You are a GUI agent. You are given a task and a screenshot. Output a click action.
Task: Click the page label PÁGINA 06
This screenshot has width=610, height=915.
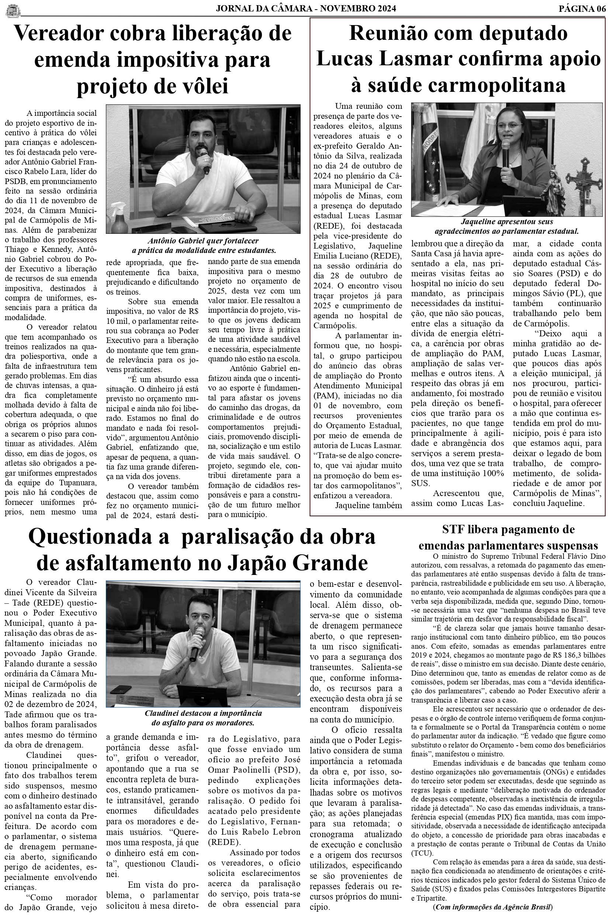582,9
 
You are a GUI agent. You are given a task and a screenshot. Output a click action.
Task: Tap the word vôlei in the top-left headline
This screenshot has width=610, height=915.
203,86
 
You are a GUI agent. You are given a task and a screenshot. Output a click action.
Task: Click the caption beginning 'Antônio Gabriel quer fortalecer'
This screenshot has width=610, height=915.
204,245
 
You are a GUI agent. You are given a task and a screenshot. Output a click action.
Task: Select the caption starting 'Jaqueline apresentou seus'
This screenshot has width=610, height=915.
506,226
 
